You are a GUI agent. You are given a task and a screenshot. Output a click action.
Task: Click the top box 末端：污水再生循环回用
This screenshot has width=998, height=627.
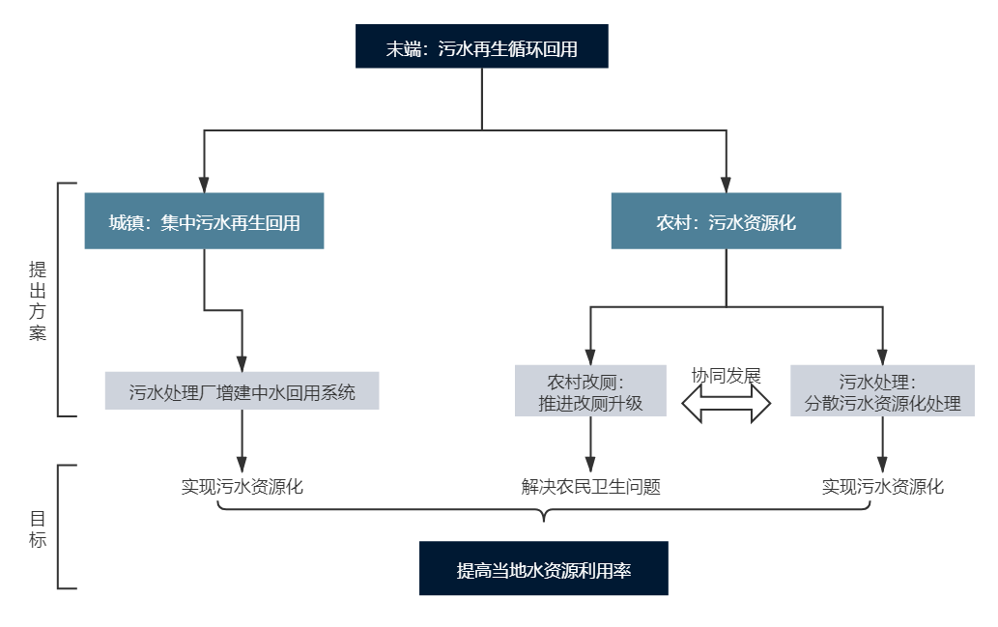481,47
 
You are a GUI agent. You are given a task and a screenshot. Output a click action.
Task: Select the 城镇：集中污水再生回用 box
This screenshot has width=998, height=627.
204,221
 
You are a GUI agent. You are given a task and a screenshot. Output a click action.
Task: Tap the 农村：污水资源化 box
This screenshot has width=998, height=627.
726,221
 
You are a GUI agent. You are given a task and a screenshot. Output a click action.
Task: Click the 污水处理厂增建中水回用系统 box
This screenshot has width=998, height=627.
242,391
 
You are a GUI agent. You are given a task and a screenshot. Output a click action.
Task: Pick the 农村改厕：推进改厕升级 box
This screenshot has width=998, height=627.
590,390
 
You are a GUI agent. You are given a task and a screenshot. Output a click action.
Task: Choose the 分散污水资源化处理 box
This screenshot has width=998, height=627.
882,390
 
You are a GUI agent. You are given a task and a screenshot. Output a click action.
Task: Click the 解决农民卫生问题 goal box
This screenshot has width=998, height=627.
590,485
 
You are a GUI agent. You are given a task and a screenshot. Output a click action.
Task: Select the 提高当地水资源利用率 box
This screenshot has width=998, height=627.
543,569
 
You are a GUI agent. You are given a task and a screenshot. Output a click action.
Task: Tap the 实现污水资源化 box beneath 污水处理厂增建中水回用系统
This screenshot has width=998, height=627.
242,485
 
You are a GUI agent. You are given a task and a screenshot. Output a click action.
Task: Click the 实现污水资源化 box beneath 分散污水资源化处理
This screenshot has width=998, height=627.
882,485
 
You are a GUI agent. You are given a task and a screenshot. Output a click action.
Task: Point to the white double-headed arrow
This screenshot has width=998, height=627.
727,404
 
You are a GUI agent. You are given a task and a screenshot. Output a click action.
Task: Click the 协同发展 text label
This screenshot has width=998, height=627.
727,376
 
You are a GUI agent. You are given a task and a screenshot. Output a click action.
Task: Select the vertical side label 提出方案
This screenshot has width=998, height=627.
38,300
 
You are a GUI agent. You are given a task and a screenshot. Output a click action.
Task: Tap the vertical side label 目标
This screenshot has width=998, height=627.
38,527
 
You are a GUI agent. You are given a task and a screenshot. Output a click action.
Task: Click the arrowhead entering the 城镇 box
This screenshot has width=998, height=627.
204,184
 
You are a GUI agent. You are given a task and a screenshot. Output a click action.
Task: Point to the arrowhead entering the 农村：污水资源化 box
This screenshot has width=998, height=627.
726,184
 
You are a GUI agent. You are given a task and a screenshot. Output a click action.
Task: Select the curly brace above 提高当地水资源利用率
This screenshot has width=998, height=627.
543,512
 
